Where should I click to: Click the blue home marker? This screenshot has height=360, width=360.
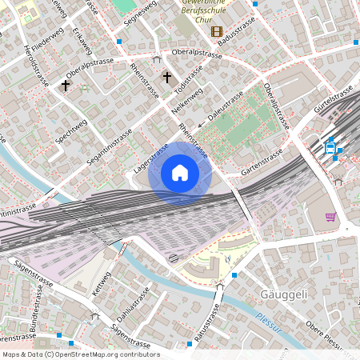pyautogui.click(x=180, y=172)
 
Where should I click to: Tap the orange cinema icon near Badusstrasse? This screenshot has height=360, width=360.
pyautogui.click(x=216, y=31)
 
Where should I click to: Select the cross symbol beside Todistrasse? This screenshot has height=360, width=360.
pyautogui.click(x=167, y=78)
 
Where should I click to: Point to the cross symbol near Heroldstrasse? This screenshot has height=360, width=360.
pyautogui.click(x=65, y=84)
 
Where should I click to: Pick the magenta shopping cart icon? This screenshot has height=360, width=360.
pyautogui.click(x=330, y=216)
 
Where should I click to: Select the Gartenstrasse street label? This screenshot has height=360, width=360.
pyautogui.click(x=262, y=163)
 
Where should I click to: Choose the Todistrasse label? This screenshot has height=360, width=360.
pyautogui.click(x=186, y=78)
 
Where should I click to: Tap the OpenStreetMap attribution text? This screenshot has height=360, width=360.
pyautogui.click(x=80, y=354)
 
